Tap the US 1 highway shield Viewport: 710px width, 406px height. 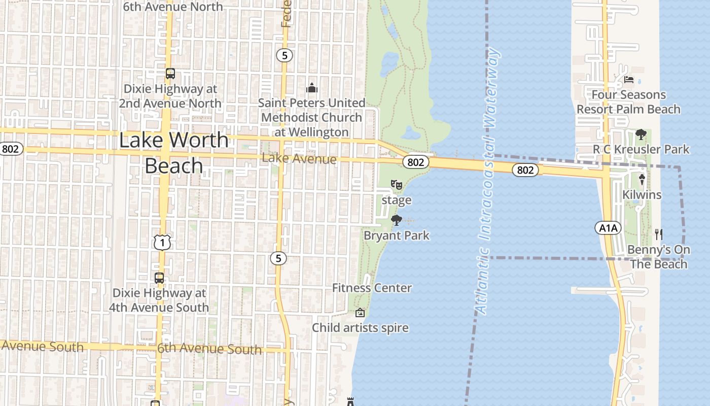click(162, 243)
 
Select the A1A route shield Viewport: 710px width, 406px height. click(608, 228)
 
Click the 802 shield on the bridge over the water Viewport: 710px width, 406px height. click(525, 170)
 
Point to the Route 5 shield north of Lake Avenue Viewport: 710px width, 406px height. click(285, 55)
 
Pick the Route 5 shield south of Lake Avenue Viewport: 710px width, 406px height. click(278, 258)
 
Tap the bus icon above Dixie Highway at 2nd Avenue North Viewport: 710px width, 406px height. click(170, 74)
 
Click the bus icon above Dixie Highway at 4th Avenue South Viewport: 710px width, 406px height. click(159, 278)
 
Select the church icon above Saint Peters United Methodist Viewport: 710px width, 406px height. click(311, 88)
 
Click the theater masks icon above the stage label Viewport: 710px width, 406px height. click(397, 185)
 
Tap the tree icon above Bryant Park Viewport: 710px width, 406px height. click(397, 220)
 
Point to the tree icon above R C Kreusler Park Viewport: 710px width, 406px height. click(641, 134)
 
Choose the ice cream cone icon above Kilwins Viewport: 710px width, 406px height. click(642, 180)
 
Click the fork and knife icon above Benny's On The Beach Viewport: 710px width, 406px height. click(659, 234)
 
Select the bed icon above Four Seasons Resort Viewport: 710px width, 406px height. click(629, 80)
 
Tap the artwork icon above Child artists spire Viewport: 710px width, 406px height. click(360, 312)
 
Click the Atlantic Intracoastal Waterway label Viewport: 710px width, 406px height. click(487, 180)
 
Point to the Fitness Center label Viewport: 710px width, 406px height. click(372, 288)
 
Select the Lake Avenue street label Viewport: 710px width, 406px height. click(299, 159)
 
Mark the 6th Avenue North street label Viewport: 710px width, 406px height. click(173, 7)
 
